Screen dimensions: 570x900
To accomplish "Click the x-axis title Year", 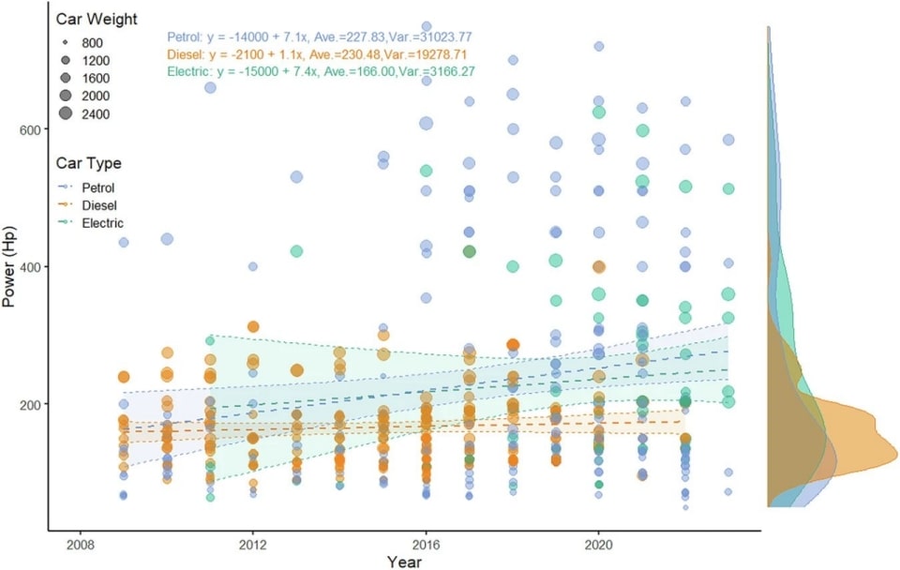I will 404,562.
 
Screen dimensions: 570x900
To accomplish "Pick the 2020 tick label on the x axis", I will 599,543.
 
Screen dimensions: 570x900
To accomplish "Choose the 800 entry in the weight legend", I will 93,43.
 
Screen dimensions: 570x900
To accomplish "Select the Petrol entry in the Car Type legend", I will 97,187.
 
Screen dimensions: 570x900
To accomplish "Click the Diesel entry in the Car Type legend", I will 97,205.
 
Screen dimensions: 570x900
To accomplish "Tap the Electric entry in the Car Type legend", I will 102,223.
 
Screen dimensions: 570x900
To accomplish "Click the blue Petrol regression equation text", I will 319,37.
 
